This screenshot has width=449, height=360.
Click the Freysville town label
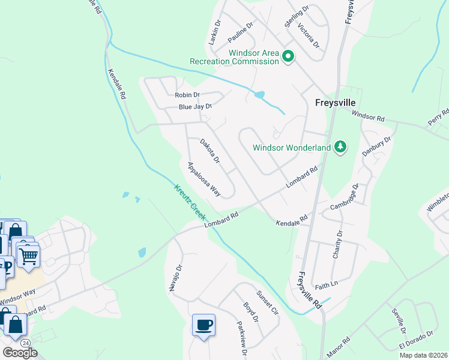pos(337,103)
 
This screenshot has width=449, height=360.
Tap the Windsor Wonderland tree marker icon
pos(340,147)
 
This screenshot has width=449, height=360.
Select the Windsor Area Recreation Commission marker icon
pos(288,57)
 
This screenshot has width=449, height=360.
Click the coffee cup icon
pos(203,325)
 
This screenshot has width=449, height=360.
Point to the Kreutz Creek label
pos(191,203)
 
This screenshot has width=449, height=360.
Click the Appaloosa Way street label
pos(203,179)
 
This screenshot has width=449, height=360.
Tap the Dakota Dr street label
pos(210,151)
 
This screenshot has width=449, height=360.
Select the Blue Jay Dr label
pos(196,107)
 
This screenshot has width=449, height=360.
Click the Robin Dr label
pos(187,95)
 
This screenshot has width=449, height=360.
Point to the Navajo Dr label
pos(175,277)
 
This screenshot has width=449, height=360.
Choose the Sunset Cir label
pos(268,303)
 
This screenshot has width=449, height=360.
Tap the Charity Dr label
pos(337,244)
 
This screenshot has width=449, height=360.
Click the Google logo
pos(20,353)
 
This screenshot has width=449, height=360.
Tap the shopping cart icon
pos(28,256)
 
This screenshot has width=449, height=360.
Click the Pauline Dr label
pos(241,32)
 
